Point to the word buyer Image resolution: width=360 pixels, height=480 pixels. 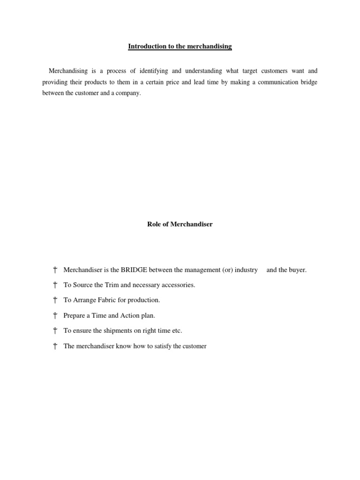[x=296, y=270]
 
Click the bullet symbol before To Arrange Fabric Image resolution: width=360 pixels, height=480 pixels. [x=55, y=300]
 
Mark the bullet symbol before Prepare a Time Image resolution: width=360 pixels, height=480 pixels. [x=55, y=315]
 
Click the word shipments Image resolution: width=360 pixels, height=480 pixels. [x=116, y=331]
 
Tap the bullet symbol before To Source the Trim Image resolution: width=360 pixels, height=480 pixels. [x=55, y=285]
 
